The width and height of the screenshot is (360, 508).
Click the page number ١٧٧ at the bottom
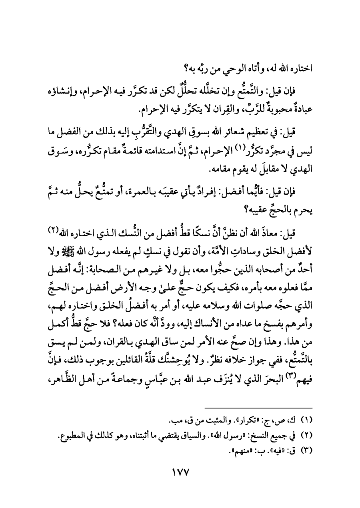click(x=180, y=472)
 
